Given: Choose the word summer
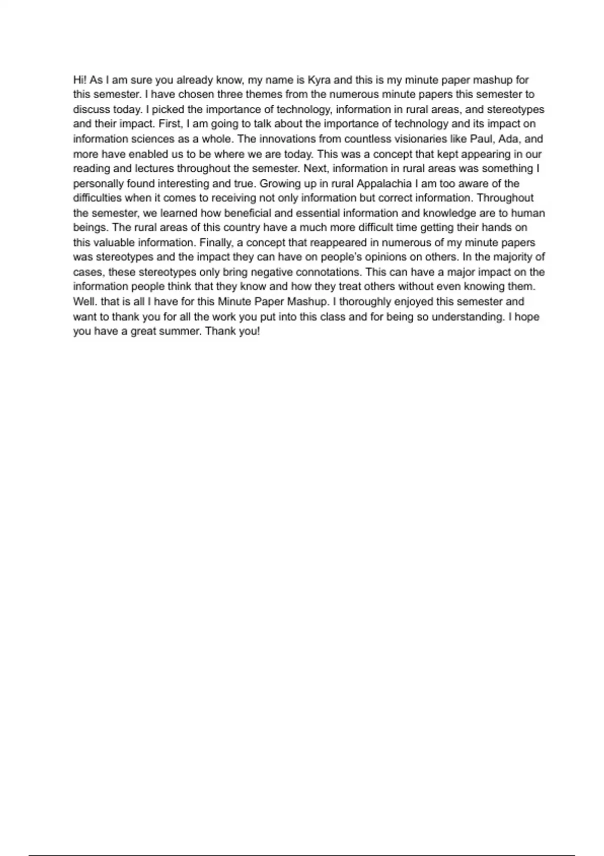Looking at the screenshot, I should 180,332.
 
